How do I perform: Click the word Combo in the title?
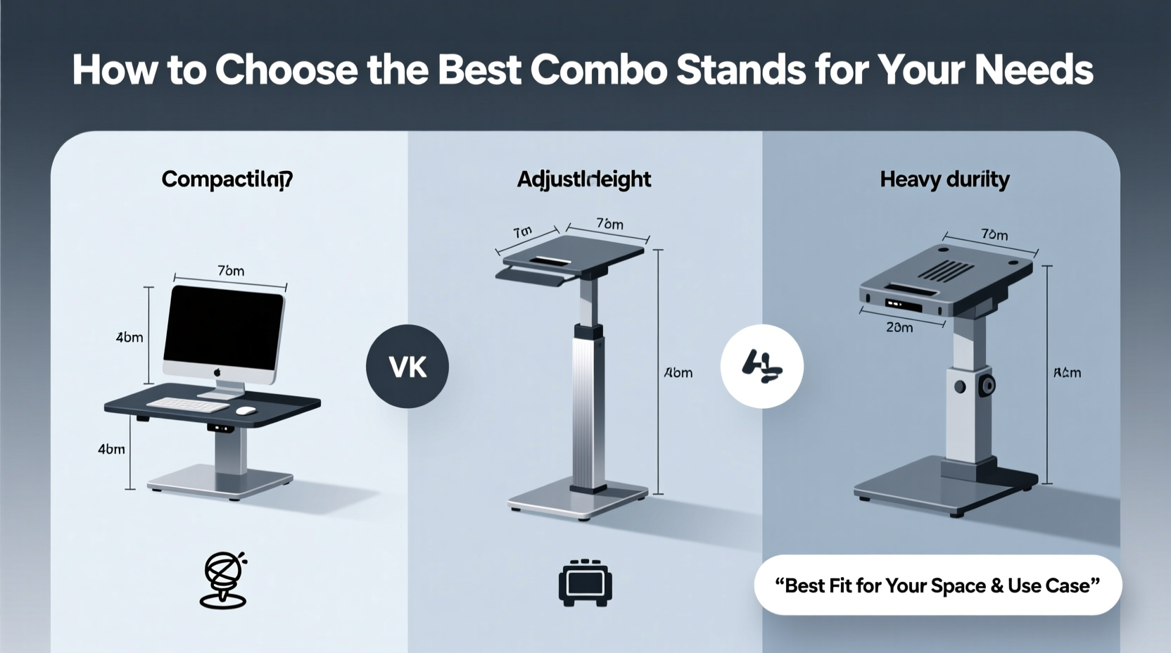[597, 70]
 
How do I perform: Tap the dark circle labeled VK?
[407, 366]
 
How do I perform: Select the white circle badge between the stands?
[762, 366]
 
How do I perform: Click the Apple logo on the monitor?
[217, 372]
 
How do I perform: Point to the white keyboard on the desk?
[188, 405]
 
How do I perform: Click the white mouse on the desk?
[246, 410]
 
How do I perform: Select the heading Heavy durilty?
[944, 179]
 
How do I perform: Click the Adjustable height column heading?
[584, 179]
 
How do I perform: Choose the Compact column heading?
[227, 179]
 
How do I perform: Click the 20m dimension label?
[899, 327]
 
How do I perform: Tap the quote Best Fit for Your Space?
[937, 585]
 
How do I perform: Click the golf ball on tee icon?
[224, 579]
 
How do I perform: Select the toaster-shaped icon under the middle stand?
[585, 583]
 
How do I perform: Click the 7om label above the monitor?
[230, 271]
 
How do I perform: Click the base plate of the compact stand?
[220, 483]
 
